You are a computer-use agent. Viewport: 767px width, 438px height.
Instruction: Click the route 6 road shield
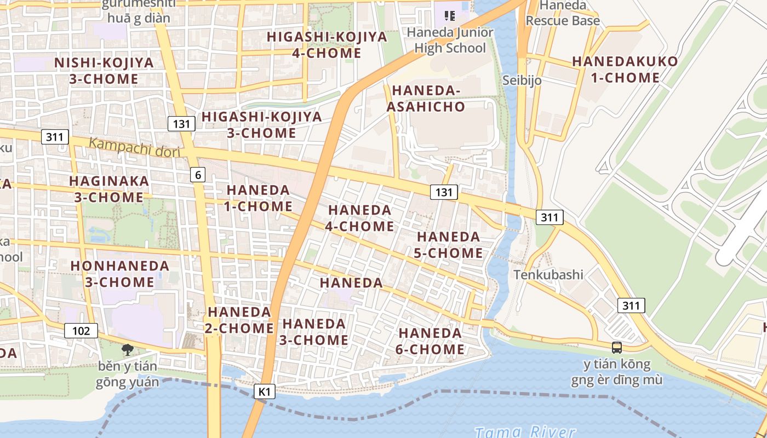(198, 175)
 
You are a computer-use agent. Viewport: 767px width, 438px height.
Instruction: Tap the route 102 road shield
(81, 331)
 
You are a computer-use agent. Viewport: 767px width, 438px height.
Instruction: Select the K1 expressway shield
(265, 391)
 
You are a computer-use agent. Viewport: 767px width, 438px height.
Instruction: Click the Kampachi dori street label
(134, 148)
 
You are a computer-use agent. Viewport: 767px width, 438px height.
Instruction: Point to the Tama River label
(525, 432)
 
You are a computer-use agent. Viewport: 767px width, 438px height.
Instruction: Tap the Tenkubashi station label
(548, 274)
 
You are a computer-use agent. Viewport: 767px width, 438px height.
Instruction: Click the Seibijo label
(522, 80)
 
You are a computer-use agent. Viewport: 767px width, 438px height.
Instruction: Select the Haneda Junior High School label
(450, 40)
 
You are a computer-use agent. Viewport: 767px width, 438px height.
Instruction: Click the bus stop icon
(617, 347)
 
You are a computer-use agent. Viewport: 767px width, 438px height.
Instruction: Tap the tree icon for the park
(127, 350)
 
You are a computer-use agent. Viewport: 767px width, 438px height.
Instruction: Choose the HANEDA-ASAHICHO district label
(426, 99)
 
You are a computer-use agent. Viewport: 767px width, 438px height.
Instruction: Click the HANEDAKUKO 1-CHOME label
(625, 70)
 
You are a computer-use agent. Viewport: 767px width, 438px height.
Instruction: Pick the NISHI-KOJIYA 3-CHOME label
(104, 71)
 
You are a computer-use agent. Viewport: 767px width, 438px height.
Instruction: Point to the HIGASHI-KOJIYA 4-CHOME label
(327, 45)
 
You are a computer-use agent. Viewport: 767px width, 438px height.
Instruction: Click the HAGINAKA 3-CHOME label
(108, 189)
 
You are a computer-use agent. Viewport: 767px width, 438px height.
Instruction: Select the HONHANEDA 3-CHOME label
(119, 274)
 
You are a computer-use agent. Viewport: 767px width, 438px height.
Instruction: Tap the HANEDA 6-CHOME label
(431, 341)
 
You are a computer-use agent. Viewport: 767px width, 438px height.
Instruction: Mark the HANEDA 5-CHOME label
(449, 245)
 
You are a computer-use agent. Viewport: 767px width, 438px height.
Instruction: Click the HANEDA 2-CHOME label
(240, 320)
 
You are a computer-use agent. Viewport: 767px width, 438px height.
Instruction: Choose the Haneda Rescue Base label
(563, 13)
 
